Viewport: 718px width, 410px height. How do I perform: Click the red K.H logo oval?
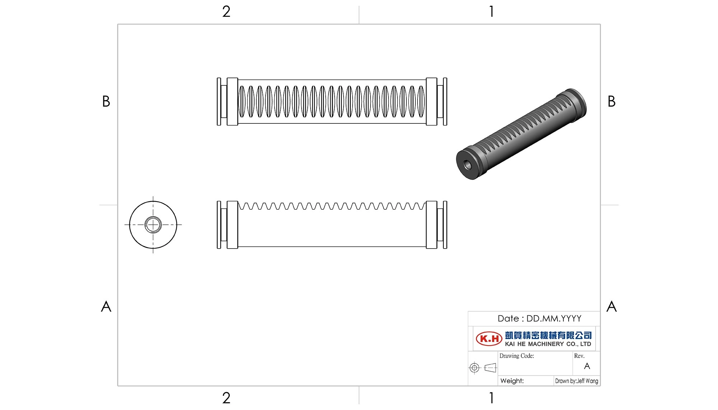489,338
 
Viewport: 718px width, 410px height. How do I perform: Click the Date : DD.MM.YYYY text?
539,319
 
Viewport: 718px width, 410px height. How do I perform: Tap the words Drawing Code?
517,356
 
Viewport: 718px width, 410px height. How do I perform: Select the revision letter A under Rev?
587,366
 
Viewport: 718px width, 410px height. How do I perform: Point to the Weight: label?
512,381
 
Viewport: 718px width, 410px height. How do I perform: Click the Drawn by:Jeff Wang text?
577,381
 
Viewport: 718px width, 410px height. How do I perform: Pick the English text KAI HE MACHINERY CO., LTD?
548,344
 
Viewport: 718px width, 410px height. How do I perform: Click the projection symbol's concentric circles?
474,368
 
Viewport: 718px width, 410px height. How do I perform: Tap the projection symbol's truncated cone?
490,368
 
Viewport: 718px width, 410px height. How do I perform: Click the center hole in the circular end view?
153,225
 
